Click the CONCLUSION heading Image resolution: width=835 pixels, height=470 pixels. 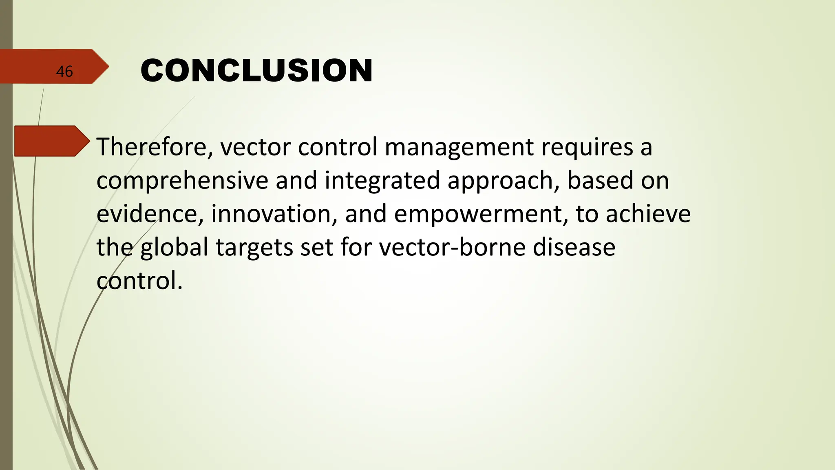256,71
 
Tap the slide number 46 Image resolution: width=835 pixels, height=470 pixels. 64,72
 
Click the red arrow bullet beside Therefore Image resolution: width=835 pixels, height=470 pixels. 51,141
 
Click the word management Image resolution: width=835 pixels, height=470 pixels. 459,148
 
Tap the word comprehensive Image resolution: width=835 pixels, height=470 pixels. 182,181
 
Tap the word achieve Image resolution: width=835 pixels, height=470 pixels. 648,214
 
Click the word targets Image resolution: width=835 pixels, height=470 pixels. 254,248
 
